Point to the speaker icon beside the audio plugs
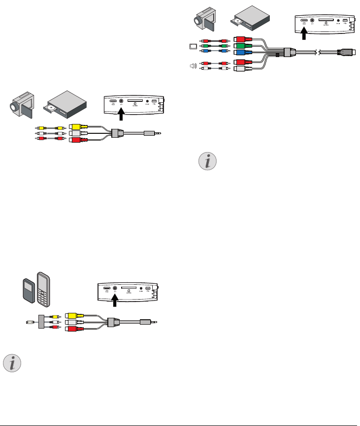(x=193, y=65)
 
